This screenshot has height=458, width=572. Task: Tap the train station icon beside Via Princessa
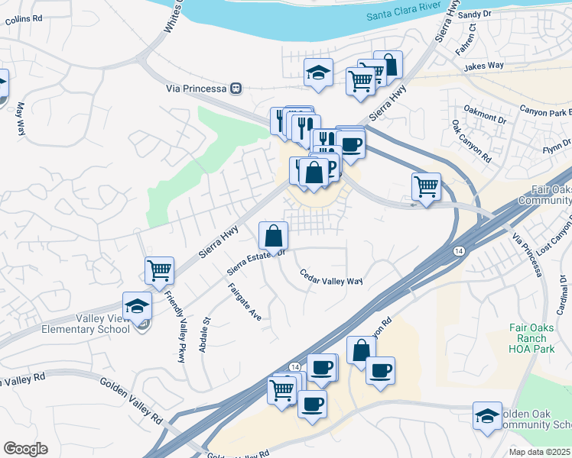(236, 89)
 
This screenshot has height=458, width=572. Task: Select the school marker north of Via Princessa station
(318, 73)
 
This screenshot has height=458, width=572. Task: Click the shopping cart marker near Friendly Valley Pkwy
(159, 269)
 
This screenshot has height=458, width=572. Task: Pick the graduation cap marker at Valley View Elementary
(137, 305)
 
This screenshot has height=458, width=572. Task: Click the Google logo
(25, 449)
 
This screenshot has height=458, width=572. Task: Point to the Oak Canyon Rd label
(471, 140)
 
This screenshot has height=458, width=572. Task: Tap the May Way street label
(21, 119)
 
